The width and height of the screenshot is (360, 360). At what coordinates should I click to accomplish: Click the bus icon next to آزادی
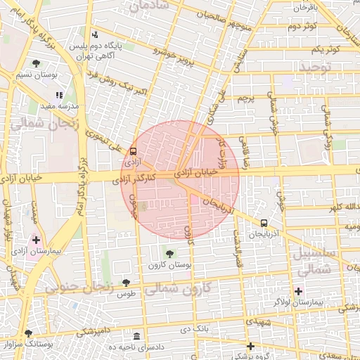coord(133,150)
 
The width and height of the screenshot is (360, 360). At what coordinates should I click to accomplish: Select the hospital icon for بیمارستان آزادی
coord(37,240)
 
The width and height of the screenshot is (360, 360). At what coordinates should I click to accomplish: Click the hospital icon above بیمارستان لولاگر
coord(298,291)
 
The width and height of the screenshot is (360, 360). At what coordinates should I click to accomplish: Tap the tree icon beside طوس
coord(126,283)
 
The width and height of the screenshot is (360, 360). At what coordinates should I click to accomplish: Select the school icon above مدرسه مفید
coord(59,95)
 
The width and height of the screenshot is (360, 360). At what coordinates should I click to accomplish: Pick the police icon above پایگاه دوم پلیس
coord(95,34)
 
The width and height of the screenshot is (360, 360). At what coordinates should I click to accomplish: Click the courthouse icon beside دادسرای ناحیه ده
coord(136,337)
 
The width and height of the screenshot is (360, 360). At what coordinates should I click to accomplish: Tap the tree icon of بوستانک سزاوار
coord(28,333)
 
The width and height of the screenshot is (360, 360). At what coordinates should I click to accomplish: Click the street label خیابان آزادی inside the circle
coord(193,171)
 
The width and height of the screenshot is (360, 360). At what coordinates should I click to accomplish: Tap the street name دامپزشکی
coord(92,329)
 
